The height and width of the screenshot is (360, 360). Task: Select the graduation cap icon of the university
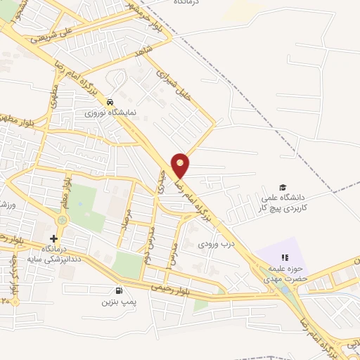pyautogui.click(x=283, y=188)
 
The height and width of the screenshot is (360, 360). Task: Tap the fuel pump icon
pyautogui.click(x=117, y=291)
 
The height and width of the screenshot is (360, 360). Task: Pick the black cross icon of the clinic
pyautogui.click(x=54, y=239)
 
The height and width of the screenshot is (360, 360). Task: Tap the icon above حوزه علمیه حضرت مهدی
pyautogui.click(x=285, y=257)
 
